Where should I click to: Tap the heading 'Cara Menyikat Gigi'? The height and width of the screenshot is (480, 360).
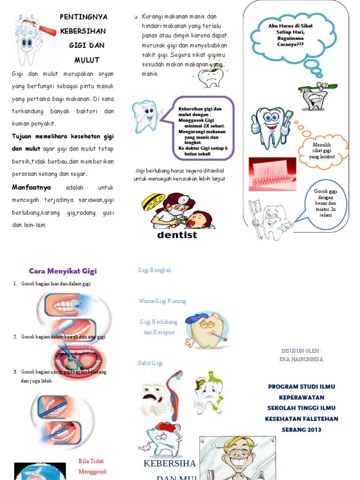[63, 271]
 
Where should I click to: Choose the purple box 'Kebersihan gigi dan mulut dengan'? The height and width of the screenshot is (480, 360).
[202, 128]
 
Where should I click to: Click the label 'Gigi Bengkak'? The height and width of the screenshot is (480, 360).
[155, 270]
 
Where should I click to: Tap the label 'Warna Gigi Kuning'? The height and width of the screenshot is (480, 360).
[162, 301]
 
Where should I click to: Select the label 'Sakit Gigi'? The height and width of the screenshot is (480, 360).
[150, 363]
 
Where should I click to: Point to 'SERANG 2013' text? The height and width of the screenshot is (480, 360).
[301, 429]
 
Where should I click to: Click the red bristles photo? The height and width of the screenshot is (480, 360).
[272, 174]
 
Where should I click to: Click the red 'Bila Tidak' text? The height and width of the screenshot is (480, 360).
[91, 461]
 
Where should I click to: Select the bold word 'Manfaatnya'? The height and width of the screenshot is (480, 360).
[31, 187]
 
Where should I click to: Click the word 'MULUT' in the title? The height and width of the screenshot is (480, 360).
[87, 60]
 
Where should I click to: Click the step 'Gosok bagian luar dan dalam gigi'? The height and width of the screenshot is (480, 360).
[56, 284]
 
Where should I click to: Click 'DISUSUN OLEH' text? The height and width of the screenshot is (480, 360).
[301, 351]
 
